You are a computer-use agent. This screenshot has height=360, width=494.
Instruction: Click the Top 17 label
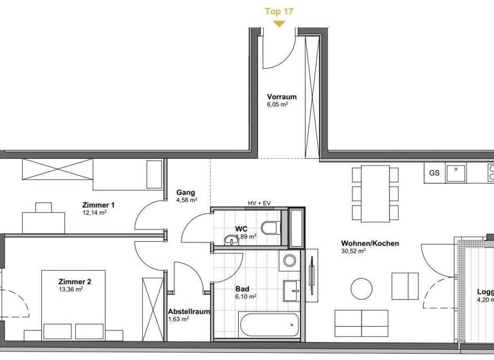pos(278,11)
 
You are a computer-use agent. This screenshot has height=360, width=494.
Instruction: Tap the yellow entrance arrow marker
pos(278,24)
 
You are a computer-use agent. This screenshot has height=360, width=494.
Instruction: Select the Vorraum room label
pos(282,97)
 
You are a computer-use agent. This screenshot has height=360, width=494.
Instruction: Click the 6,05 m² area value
pos(278,105)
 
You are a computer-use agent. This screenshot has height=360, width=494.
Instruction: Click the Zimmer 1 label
pos(98,205)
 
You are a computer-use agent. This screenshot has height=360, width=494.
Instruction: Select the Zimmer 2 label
pos(75,282)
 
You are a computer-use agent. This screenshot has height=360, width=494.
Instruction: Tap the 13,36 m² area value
pos(71,289)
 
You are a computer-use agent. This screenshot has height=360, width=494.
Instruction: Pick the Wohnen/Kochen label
pos(370,244)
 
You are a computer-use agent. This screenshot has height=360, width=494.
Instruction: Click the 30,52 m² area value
pos(352,251)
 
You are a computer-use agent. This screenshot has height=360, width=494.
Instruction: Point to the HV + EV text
pos(259,203)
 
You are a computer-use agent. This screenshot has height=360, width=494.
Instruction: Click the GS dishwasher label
pos(435,173)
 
